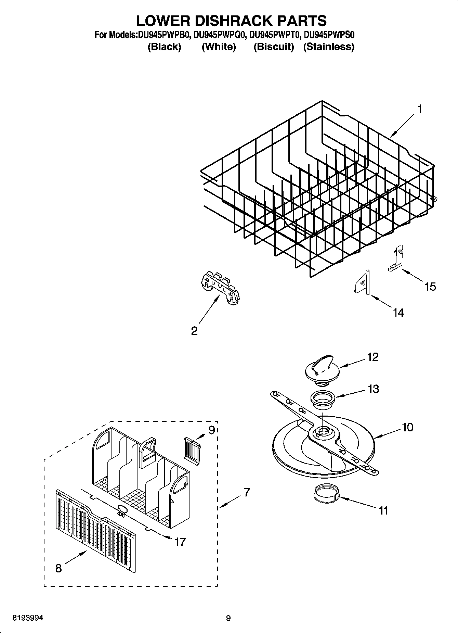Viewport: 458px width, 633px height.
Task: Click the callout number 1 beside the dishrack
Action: (419, 110)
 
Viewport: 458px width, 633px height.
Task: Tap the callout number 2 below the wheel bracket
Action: (194, 331)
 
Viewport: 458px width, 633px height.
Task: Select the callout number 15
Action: (430, 286)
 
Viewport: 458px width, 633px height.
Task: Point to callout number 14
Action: (398, 312)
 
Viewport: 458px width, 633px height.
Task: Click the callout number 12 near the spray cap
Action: (373, 357)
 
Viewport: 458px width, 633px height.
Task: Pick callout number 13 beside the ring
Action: (373, 389)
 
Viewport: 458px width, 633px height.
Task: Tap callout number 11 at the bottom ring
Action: (384, 510)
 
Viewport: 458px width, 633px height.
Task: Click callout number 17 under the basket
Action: (180, 542)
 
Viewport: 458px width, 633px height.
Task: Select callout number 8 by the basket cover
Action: (58, 568)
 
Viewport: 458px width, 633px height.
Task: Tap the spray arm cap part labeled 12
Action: (321, 370)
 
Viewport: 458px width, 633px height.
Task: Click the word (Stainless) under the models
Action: (328, 47)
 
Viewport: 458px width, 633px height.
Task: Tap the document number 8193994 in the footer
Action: (27, 618)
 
